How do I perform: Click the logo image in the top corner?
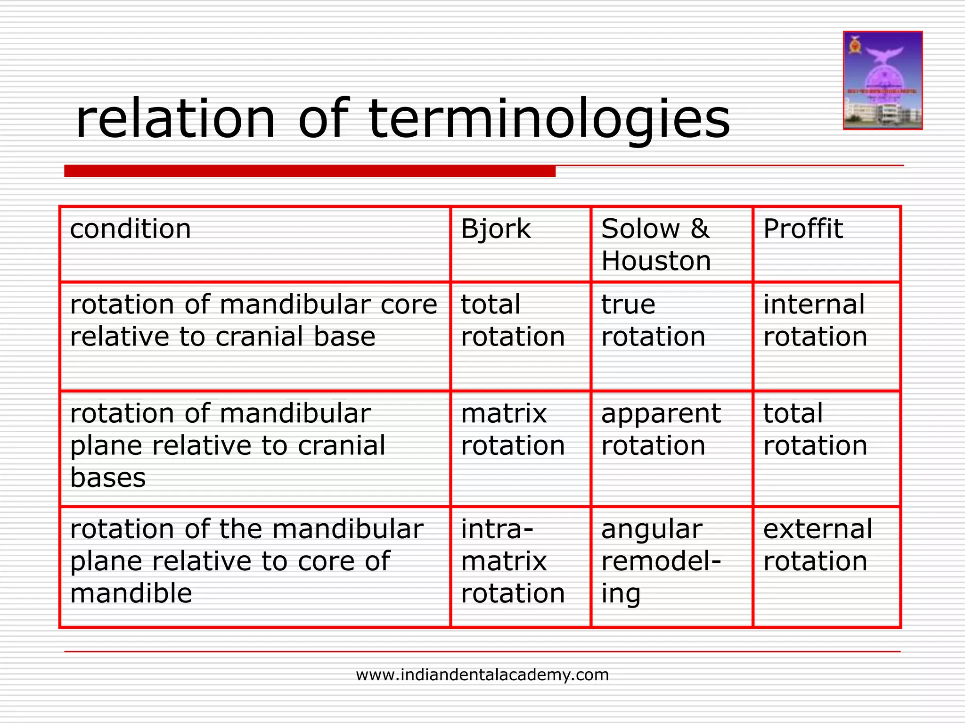[882, 80]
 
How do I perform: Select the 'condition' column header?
[131, 229]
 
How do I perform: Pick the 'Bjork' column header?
[496, 229]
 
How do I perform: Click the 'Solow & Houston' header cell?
[656, 245]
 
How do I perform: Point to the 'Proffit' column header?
[803, 229]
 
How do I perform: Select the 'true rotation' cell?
[653, 321]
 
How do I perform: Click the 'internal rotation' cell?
[815, 321]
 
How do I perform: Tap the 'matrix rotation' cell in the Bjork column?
[513, 429]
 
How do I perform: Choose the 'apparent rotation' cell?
[661, 429]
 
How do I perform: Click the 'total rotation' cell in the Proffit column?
[815, 429]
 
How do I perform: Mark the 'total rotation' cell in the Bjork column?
[513, 321]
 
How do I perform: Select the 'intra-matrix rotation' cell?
[513, 561]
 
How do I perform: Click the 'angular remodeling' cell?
[661, 561]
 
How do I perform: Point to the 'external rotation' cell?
[818, 545]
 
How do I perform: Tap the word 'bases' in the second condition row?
[108, 478]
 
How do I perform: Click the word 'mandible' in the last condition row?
[131, 593]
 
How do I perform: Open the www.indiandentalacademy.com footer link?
[482, 675]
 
